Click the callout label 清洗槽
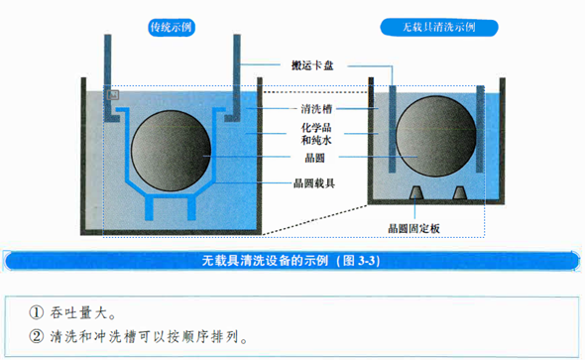pyautogui.click(x=315, y=107)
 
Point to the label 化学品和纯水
pyautogui.click(x=315, y=135)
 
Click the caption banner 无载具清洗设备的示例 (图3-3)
pyautogui.click(x=292, y=261)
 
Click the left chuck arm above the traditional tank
pyautogui.click(x=106, y=69)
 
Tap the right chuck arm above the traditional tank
pyautogui.click(x=238, y=69)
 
